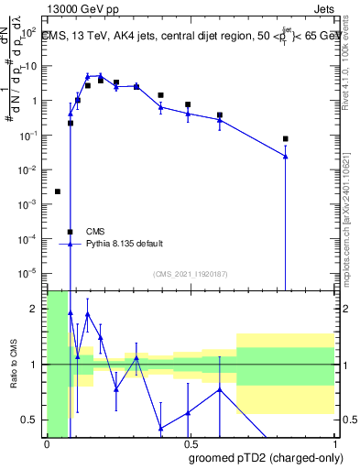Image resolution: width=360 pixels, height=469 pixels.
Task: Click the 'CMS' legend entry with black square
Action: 95,231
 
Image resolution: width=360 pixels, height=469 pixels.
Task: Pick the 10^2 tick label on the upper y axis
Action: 31,32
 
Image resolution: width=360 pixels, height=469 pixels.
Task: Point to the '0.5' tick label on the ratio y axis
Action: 33,420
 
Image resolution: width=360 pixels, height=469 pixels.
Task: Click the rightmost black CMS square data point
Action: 286,139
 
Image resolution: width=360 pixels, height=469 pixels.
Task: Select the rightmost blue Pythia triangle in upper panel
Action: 286,157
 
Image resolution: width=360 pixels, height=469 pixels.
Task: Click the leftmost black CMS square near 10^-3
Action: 58,191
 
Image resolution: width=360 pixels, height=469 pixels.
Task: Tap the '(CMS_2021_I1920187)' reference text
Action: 190,274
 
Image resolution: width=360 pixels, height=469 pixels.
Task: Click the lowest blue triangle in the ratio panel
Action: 160,429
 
